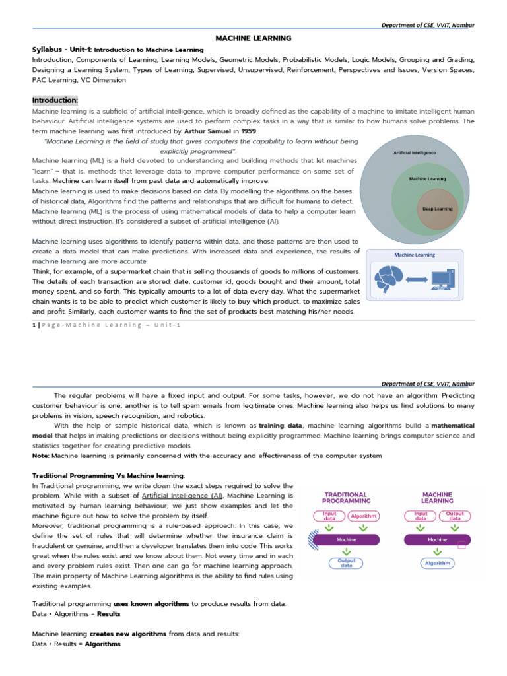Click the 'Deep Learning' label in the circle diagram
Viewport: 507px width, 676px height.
click(x=438, y=209)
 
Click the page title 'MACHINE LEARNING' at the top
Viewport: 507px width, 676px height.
click(x=253, y=39)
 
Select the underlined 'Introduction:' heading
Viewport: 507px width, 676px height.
click(x=55, y=100)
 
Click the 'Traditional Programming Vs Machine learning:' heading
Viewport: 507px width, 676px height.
click(x=109, y=475)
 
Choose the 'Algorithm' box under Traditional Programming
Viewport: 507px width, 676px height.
click(x=363, y=516)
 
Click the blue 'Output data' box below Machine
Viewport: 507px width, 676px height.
click(x=347, y=563)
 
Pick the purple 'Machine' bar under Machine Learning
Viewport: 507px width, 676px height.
click(x=437, y=539)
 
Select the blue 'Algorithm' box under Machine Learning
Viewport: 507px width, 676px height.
click(x=437, y=563)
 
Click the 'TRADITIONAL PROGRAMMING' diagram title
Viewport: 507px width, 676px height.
click(x=346, y=498)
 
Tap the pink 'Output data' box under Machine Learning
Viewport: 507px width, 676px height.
click(x=454, y=516)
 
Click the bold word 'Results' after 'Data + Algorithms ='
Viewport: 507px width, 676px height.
click(x=109, y=613)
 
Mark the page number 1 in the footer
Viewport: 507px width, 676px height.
click(x=34, y=325)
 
